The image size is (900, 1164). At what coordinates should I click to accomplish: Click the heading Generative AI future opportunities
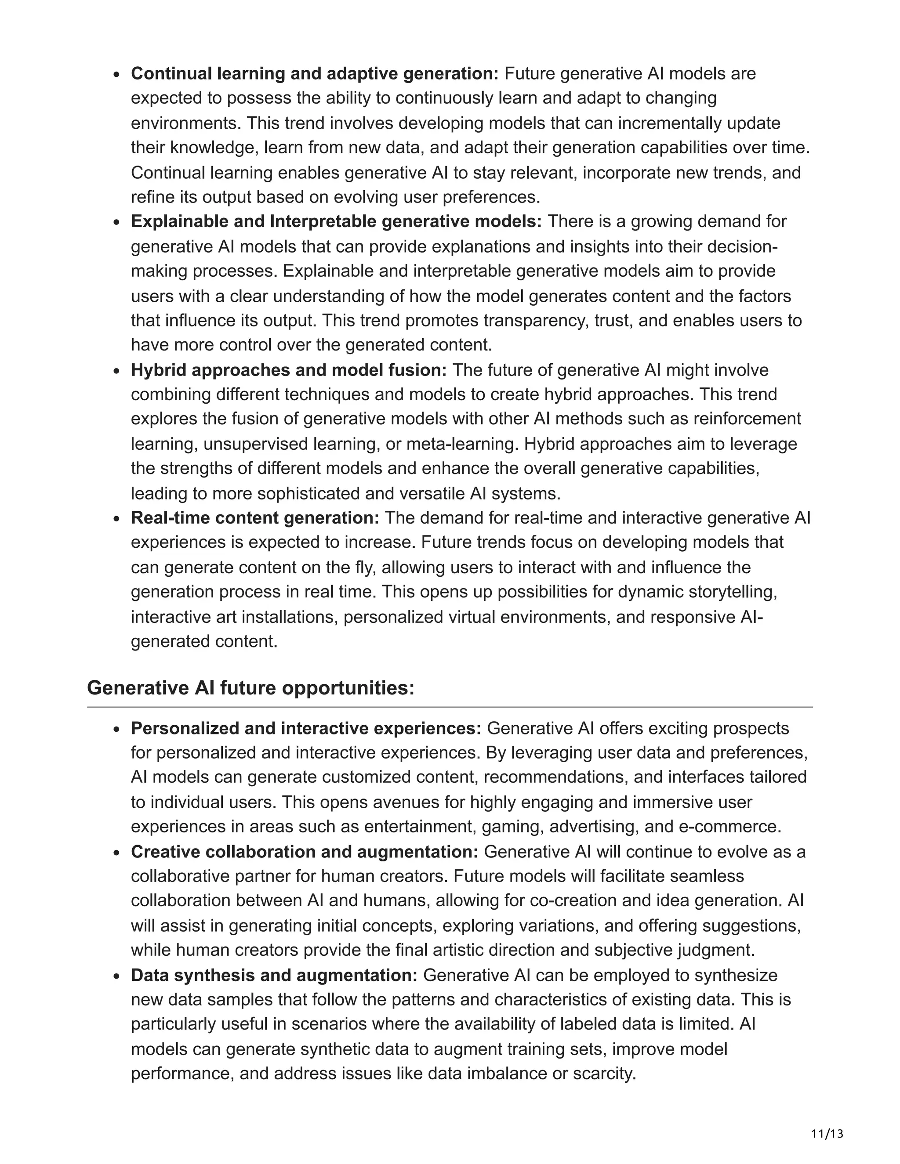pos(250,688)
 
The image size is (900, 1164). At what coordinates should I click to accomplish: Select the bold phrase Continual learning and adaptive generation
pos(315,73)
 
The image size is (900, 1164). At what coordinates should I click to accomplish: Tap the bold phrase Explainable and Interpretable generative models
pos(336,221)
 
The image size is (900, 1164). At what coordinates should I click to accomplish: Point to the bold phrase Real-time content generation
pos(255,517)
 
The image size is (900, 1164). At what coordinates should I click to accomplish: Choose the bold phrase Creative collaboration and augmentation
pos(305,852)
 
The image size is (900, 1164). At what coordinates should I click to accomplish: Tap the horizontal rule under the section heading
pos(450,707)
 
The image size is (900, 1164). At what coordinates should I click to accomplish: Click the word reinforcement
pos(747,419)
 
